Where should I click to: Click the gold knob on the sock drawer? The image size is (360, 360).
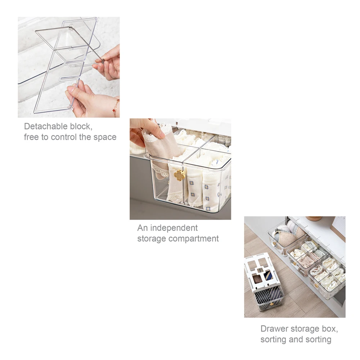click(x=179, y=175)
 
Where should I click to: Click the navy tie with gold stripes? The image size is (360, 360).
click(x=269, y=275)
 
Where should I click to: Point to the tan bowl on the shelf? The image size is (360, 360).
click(x=314, y=218)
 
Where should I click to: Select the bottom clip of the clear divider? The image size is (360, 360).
click(x=68, y=107)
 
